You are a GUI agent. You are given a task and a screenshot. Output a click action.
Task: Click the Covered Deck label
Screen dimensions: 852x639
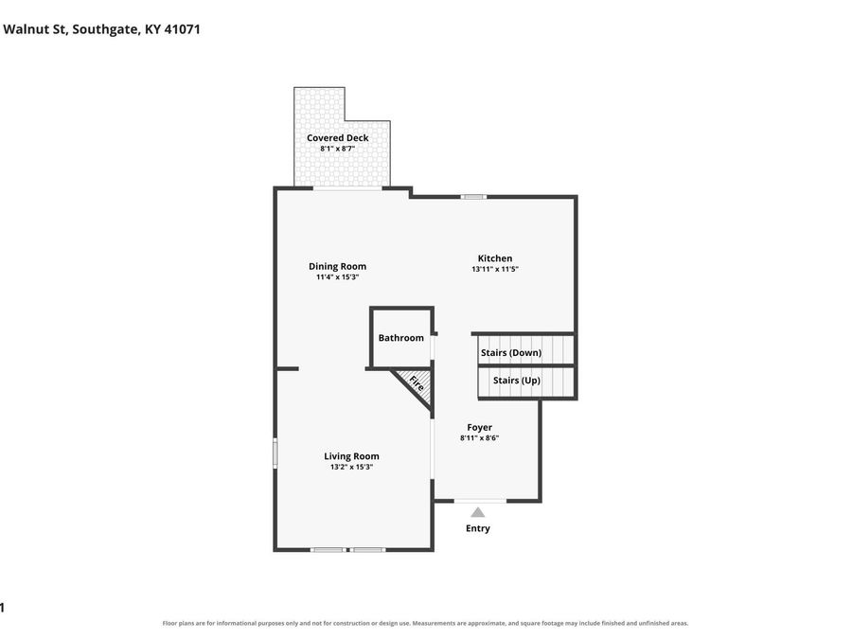[x=337, y=138]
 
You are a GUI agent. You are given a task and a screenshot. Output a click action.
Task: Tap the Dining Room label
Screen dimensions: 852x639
[x=337, y=266]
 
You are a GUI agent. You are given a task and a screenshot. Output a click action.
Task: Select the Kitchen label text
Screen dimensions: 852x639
[x=495, y=258]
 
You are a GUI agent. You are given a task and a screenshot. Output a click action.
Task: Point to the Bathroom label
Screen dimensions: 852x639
[x=401, y=338]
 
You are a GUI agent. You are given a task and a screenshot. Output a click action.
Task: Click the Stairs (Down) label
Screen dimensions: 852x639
[x=511, y=353]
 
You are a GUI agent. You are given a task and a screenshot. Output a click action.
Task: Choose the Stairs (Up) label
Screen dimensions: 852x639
[x=517, y=381]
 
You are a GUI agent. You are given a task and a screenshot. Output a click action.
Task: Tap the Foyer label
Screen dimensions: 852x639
[x=479, y=428]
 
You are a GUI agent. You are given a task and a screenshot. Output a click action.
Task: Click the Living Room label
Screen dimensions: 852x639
[x=351, y=456]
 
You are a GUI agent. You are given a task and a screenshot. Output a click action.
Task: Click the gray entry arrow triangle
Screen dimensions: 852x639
[x=478, y=512]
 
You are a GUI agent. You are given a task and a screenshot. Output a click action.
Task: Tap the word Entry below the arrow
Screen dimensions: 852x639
[x=478, y=528]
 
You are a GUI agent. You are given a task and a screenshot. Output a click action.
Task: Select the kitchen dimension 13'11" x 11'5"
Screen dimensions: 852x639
[x=495, y=269]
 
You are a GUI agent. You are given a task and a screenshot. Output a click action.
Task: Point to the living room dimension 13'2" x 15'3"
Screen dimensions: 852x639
[x=351, y=467]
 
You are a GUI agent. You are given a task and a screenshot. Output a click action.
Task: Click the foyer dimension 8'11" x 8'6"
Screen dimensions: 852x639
[x=479, y=438]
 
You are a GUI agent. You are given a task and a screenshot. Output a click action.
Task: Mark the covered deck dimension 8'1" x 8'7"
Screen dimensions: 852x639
[x=337, y=149]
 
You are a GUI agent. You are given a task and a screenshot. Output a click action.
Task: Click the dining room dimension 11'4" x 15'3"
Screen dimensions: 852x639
[x=337, y=277]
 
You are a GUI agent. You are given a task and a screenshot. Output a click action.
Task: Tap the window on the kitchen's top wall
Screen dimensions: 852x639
[x=473, y=197]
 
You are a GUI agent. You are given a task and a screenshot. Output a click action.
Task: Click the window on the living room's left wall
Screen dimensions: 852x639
[x=275, y=453]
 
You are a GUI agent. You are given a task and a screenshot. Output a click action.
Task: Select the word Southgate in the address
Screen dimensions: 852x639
[x=105, y=30]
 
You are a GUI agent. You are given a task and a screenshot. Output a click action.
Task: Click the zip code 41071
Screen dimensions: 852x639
[x=182, y=29]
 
